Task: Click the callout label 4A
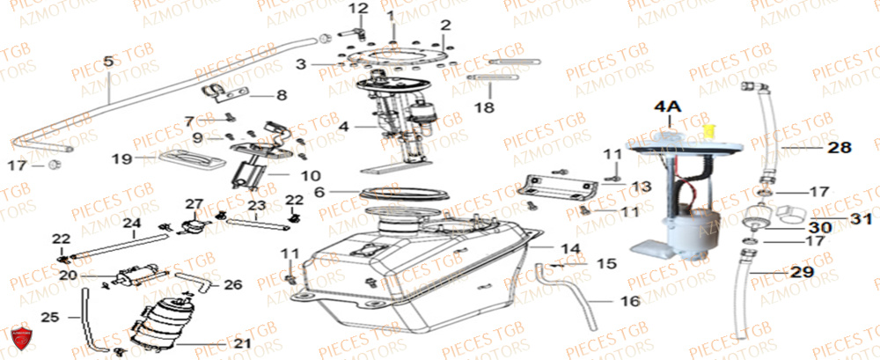(666, 107)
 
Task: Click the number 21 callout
(242, 343)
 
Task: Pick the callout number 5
(108, 62)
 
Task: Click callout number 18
(484, 108)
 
